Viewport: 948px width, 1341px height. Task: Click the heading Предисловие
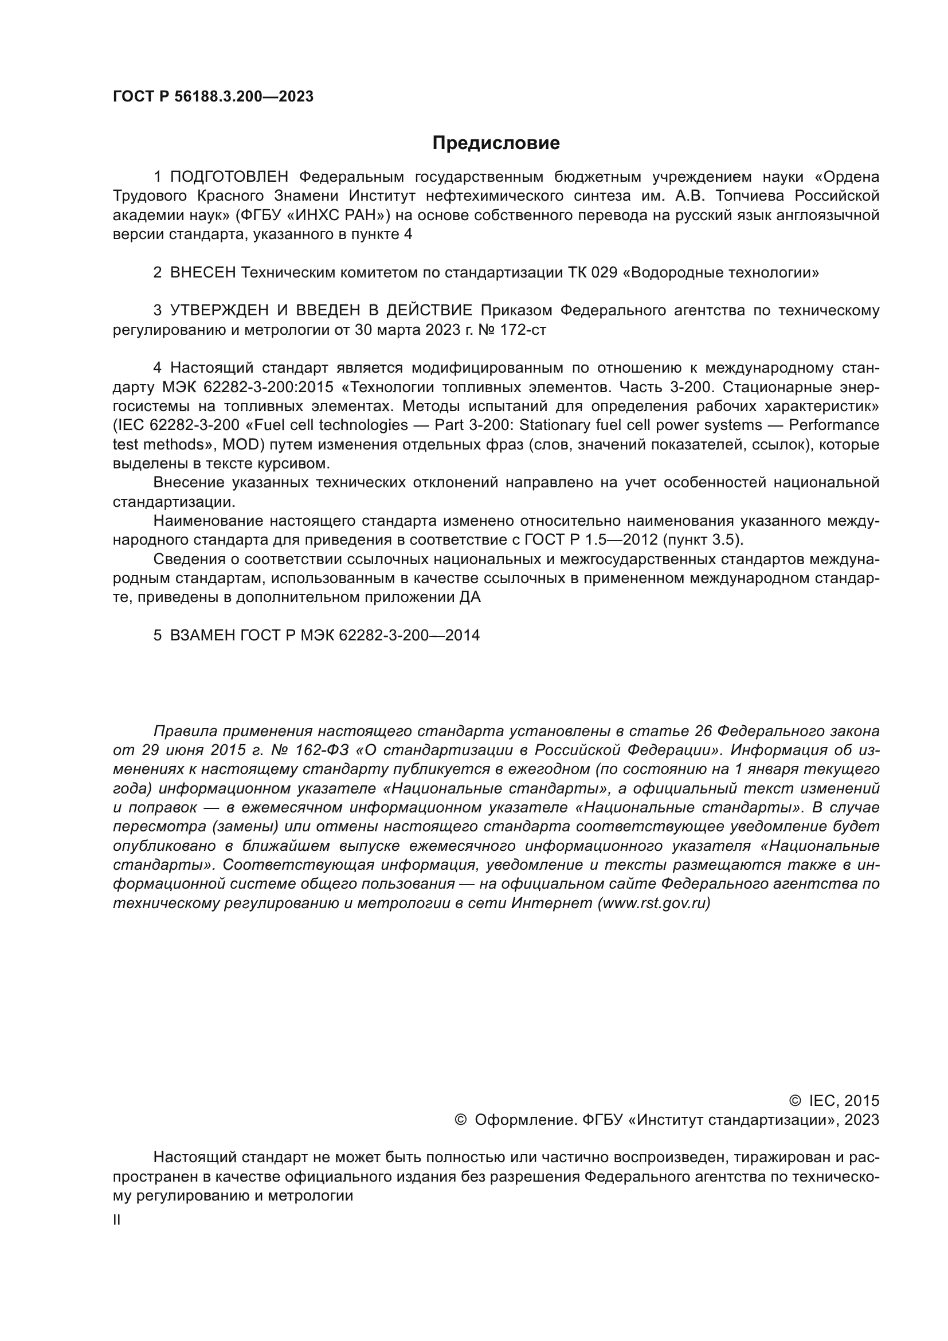(496, 143)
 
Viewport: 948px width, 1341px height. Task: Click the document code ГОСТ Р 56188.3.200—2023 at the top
(213, 96)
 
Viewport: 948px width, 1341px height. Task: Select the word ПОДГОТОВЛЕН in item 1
(229, 177)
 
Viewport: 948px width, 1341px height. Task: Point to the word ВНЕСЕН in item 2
(203, 273)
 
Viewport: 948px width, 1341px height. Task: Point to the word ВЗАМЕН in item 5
(203, 635)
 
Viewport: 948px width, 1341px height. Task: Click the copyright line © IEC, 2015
(834, 1101)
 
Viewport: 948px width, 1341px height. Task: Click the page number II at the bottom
(117, 1220)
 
